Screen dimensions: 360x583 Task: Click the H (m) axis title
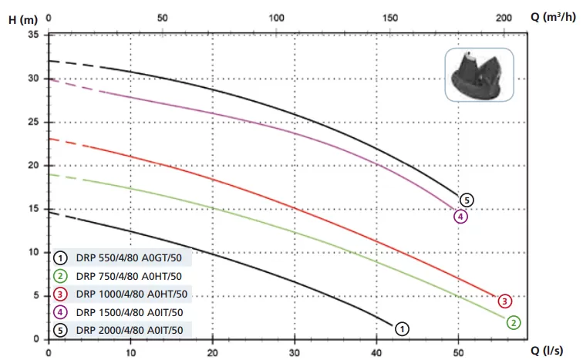pos(22,19)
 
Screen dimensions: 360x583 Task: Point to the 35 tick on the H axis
pos(32,35)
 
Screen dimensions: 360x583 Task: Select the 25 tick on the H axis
pos(32,122)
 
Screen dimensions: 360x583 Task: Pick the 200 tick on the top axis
pos(504,17)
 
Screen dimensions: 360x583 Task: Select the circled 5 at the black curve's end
pos(466,200)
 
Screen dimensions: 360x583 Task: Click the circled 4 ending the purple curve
pos(460,216)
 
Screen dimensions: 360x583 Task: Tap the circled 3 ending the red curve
pos(504,301)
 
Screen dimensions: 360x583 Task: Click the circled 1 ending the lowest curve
pos(402,328)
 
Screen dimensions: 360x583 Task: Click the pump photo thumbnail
pos(479,75)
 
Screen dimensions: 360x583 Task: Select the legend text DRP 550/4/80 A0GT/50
pos(130,257)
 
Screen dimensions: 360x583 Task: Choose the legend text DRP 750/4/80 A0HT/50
pos(130,275)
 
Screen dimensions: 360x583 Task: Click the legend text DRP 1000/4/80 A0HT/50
pos(133,294)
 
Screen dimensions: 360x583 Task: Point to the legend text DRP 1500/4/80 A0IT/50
pos(130,312)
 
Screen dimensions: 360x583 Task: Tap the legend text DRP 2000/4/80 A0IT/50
pos(130,330)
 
